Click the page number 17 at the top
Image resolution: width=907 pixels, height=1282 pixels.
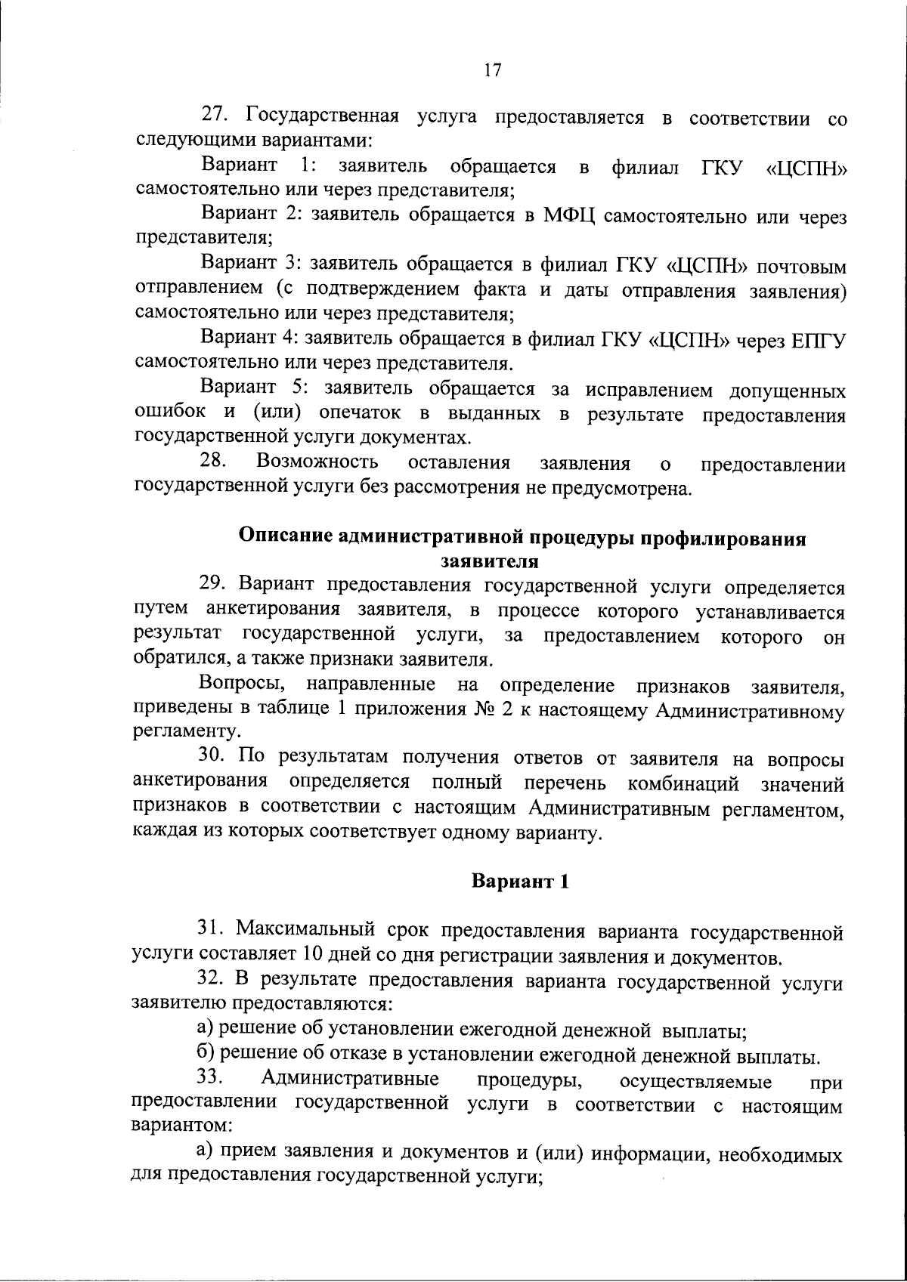[491, 71]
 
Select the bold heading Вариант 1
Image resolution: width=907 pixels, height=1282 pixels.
[519, 881]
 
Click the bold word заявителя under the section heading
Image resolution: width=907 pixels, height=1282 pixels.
[489, 561]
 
